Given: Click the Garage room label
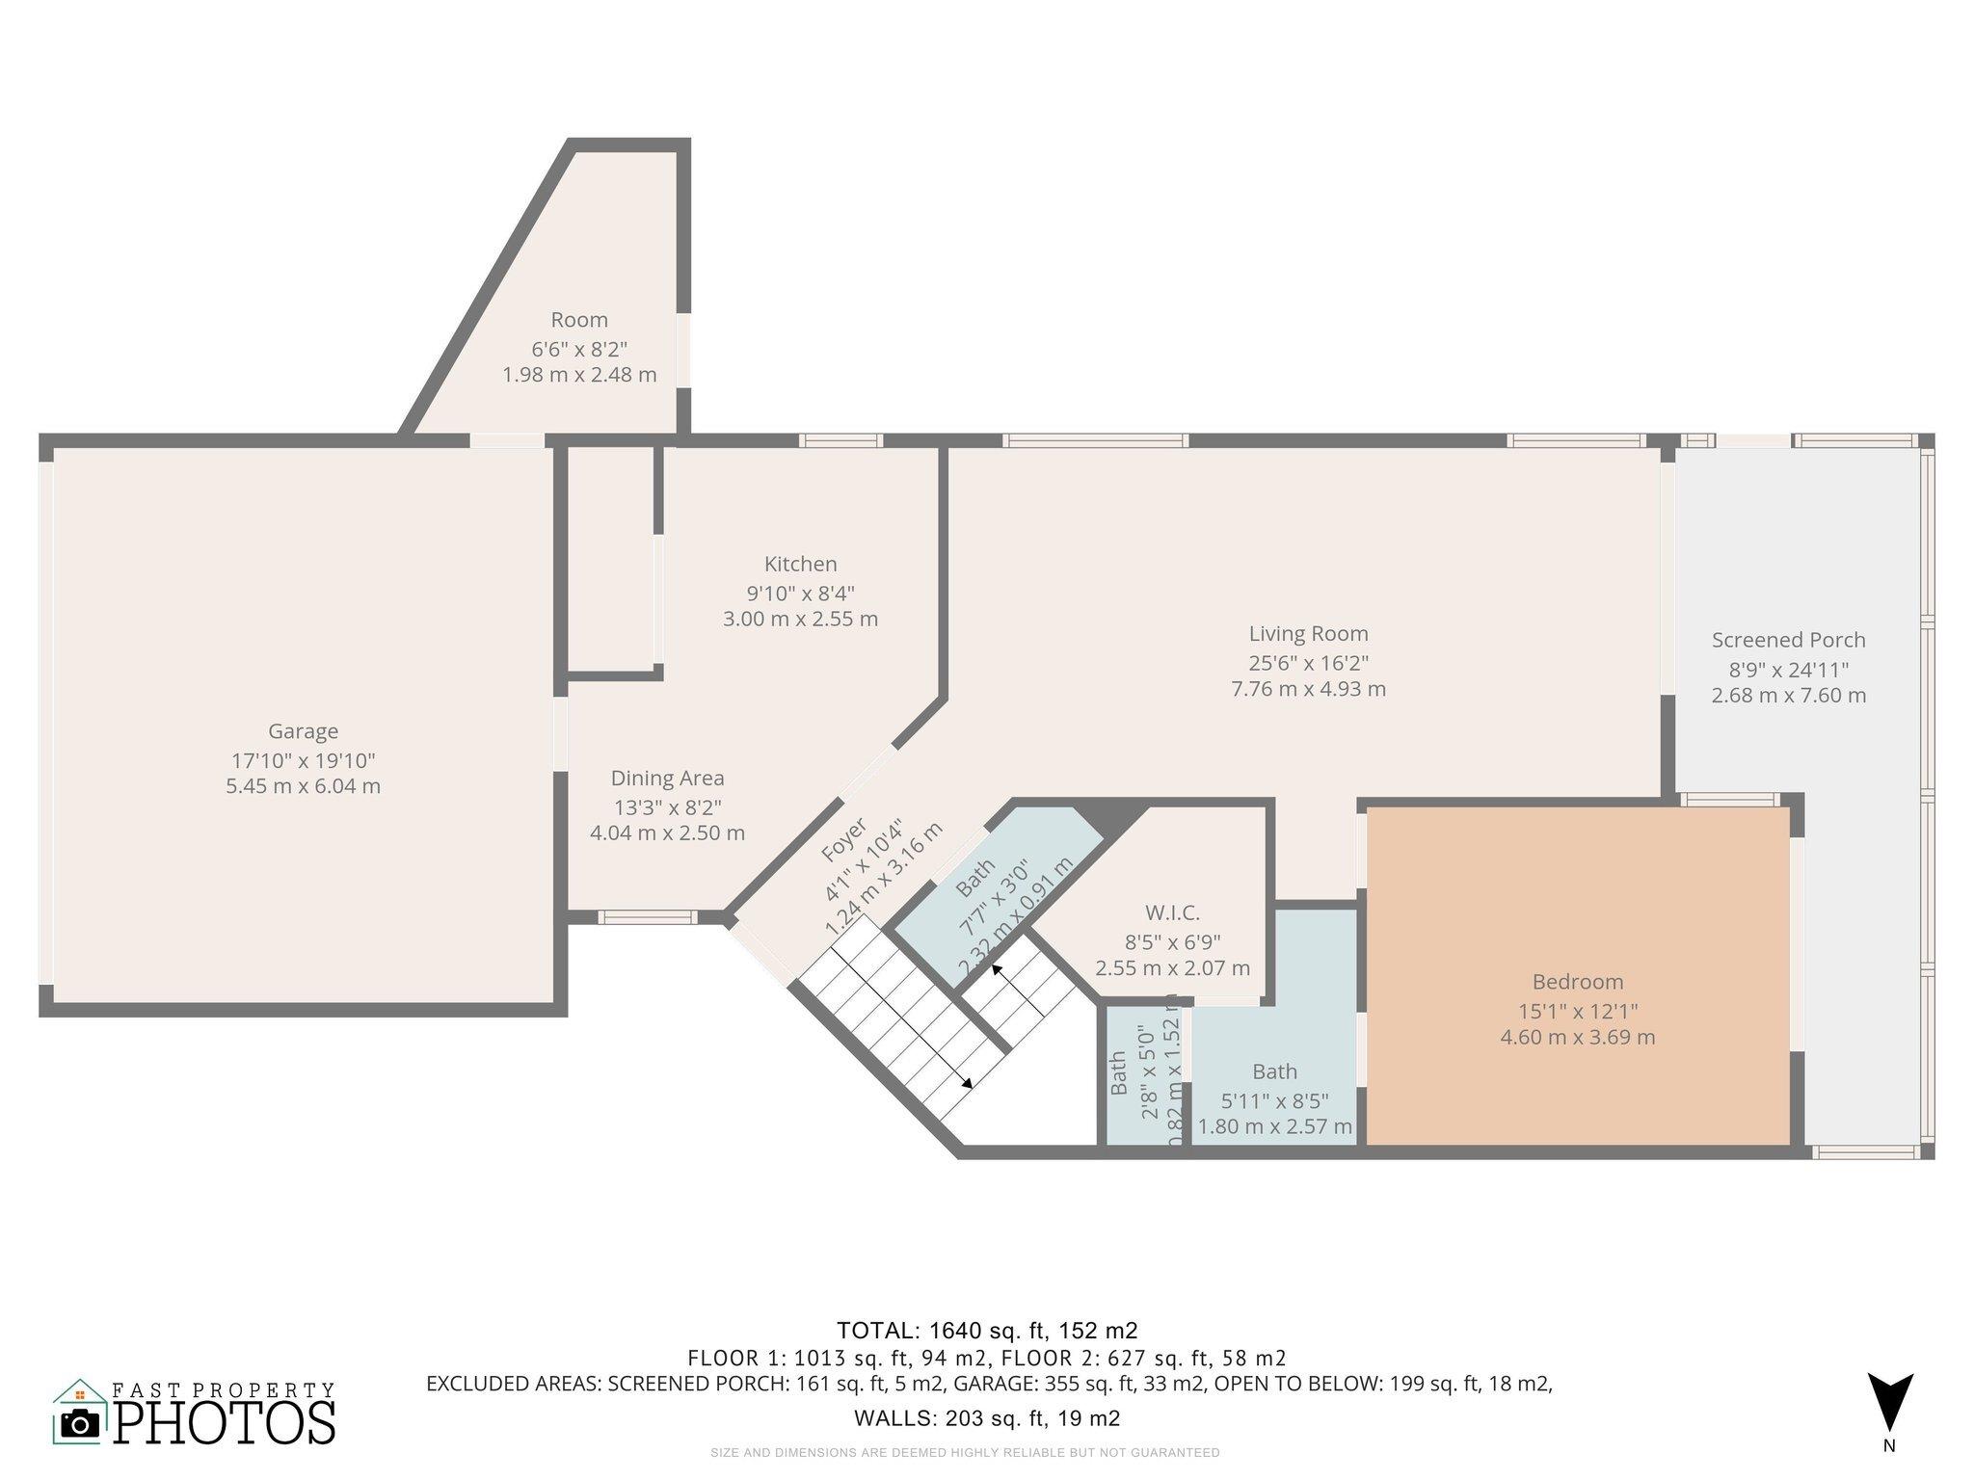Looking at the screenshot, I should [303, 731].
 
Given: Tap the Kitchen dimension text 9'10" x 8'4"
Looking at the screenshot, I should [800, 592].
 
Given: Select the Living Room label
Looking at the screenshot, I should [1308, 634].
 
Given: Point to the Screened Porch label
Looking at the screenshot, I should [1788, 640].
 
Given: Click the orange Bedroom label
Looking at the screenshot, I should [1577, 982].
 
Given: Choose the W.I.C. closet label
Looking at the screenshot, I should [1172, 912].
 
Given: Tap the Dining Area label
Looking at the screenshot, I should [667, 778].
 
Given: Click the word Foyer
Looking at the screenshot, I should [843, 839].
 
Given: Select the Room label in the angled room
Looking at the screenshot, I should [579, 320].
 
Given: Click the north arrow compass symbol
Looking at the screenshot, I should [1889, 1403].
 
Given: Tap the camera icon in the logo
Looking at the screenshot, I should [79, 1424].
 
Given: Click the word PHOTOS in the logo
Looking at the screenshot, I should [225, 1421].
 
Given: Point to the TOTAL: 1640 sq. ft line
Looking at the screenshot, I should [987, 1331].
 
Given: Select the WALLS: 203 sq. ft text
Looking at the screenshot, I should [987, 1418].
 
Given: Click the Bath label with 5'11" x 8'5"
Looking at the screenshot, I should [1274, 1071].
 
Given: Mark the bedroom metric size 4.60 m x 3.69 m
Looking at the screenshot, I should [1577, 1038].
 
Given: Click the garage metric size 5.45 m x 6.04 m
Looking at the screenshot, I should [303, 786].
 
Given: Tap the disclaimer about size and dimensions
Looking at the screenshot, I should [965, 1452].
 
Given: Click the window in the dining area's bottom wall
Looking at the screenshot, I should [646, 917].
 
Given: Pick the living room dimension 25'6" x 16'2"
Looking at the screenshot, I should [1308, 662].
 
